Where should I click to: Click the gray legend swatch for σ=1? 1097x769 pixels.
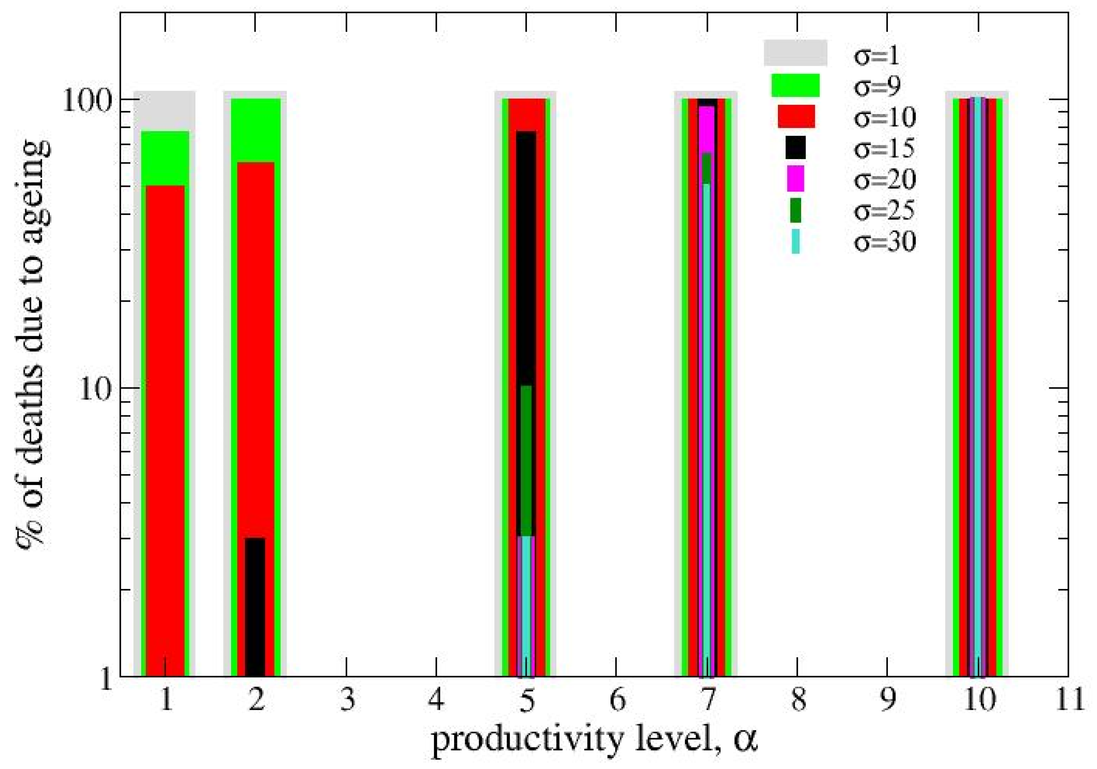[x=795, y=53]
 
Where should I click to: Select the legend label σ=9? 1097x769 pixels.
[x=877, y=86]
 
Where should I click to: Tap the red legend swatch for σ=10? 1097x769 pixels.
[x=796, y=116]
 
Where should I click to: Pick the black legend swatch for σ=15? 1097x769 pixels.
[x=796, y=147]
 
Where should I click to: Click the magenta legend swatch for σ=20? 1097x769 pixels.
[x=796, y=178]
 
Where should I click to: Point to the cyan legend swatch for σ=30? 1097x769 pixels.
[x=796, y=241]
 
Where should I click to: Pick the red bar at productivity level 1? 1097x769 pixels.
[x=165, y=430]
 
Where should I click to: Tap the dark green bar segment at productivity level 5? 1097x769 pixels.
[x=525, y=459]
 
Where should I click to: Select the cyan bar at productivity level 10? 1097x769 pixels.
[x=977, y=382]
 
